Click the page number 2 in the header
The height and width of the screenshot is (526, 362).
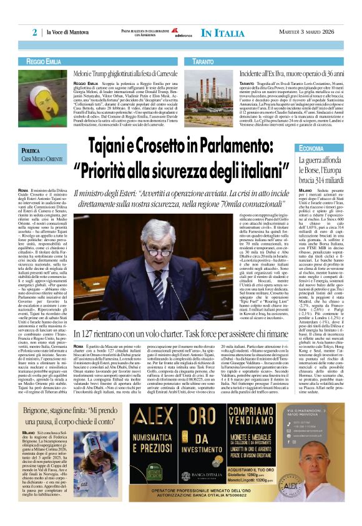coord(35,32)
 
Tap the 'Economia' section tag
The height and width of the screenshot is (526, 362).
coord(311,148)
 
